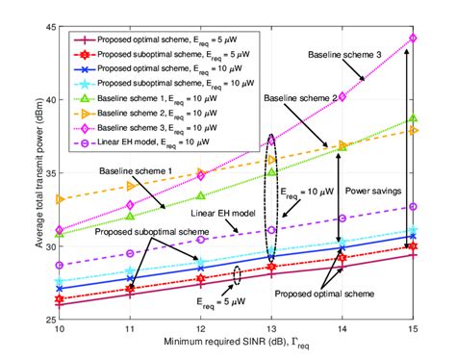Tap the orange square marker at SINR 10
pos(60,199)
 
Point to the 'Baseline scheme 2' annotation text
pos(300,98)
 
